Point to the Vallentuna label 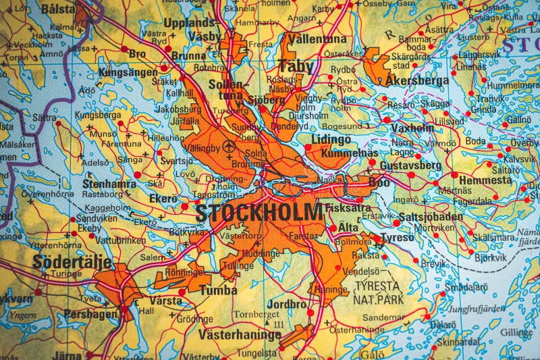pyautogui.click(x=315, y=39)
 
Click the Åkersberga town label pyautogui.click(x=416, y=80)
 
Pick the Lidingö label pyautogui.click(x=331, y=140)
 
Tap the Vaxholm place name pyautogui.click(x=412, y=127)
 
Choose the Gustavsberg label pyautogui.click(x=410, y=165)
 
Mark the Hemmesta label pyautogui.click(x=485, y=180)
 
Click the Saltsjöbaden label pyautogui.click(x=431, y=216)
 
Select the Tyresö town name pyautogui.click(x=397, y=239)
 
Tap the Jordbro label pyautogui.click(x=287, y=304)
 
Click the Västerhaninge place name pyautogui.click(x=239, y=334)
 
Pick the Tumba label pyautogui.click(x=217, y=290)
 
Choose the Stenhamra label pyautogui.click(x=109, y=183)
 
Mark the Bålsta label pyautogui.click(x=58, y=9)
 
